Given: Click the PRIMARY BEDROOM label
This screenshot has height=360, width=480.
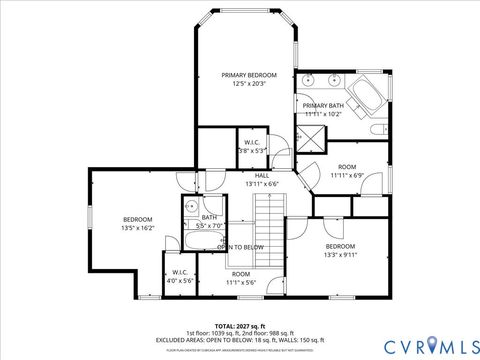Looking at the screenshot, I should click(249, 75).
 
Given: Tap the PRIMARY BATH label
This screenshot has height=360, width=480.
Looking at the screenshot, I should click(323, 105).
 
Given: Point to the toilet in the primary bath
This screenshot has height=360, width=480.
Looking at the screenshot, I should click(378, 129).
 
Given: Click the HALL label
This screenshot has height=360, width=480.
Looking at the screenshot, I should click(261, 175).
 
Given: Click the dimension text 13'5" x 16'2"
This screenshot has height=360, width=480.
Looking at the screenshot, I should click(137, 228).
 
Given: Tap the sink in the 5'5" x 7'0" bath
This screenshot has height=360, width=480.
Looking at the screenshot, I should click(189, 208).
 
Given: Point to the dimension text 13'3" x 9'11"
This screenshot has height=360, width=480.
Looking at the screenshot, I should click(340, 255).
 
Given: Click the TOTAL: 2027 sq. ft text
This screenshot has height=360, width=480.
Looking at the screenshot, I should click(240, 326).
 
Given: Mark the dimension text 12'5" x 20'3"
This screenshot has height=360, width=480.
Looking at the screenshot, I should click(249, 84).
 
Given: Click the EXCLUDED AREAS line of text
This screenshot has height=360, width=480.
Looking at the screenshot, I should click(240, 340).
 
